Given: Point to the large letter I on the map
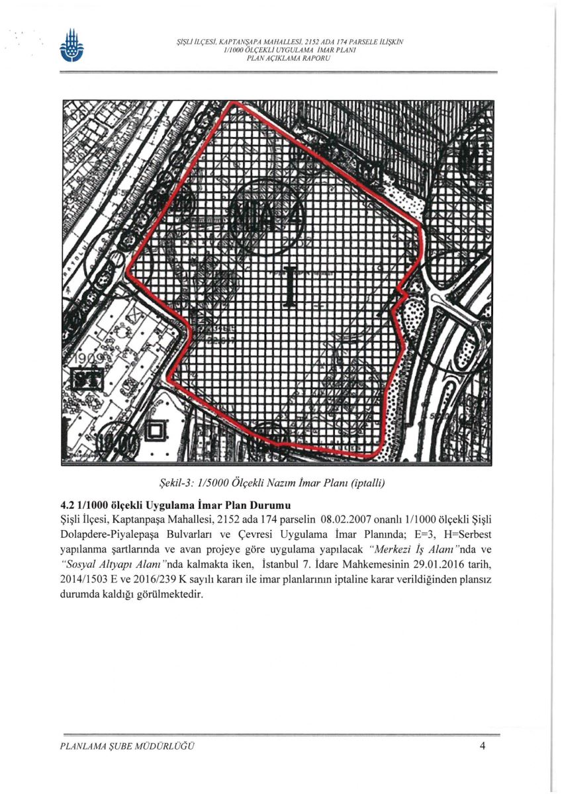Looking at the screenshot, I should coord(289,285).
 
